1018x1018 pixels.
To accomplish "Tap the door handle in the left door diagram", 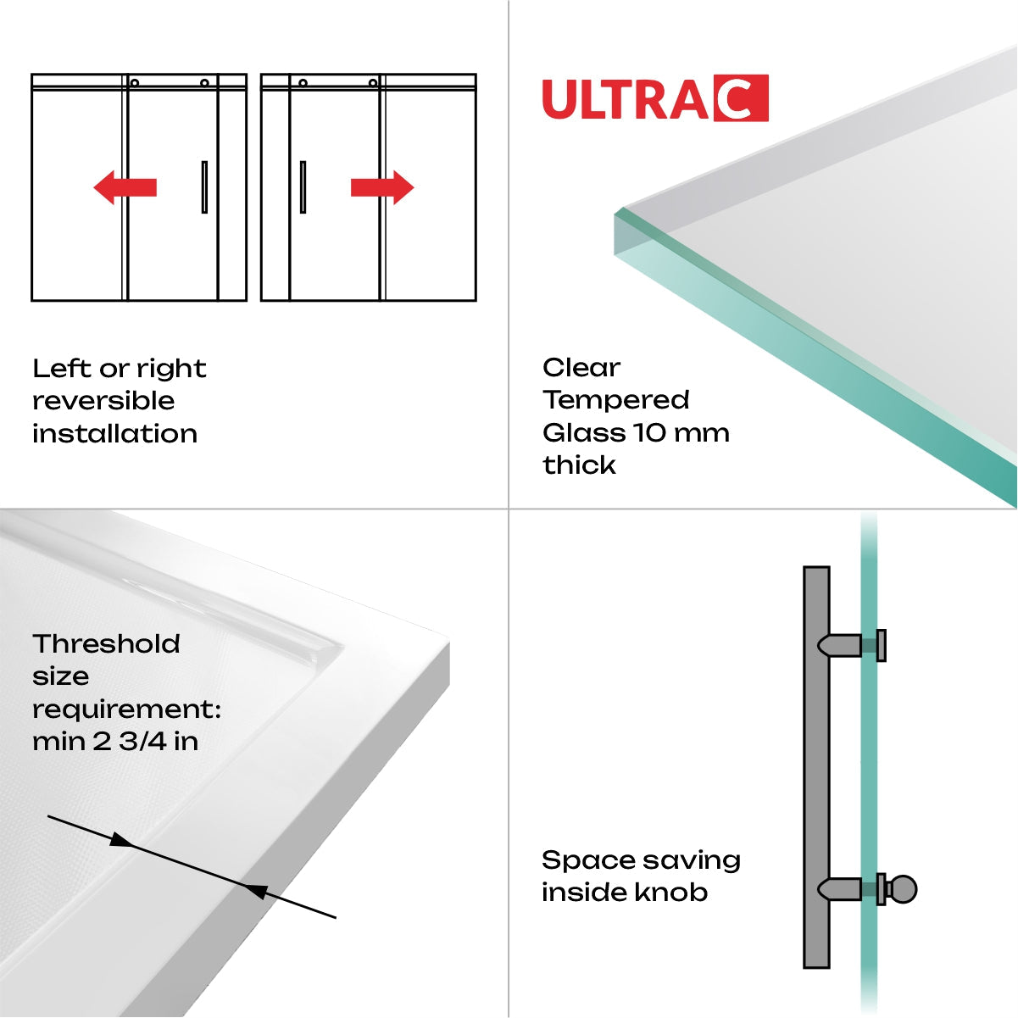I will (204, 187).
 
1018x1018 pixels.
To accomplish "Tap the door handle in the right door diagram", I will (303, 187).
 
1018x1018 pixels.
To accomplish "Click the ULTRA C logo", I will (654, 98).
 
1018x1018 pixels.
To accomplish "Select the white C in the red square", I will (741, 98).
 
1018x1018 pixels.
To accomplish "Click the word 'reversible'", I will (103, 401).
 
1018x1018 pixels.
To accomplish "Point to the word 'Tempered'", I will (616, 400).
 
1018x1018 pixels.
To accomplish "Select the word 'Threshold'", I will (107, 644).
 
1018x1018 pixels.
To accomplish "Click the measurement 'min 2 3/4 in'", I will (115, 742).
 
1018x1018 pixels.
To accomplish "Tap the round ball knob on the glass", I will (904, 890).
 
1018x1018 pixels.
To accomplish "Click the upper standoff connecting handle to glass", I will (843, 646).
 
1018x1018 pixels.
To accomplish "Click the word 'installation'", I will (114, 434).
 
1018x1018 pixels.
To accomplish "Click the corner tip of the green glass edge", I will (620, 211).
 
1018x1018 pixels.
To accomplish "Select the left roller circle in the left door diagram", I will (135, 83).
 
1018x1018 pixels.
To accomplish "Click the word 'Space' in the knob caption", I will (578, 861).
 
